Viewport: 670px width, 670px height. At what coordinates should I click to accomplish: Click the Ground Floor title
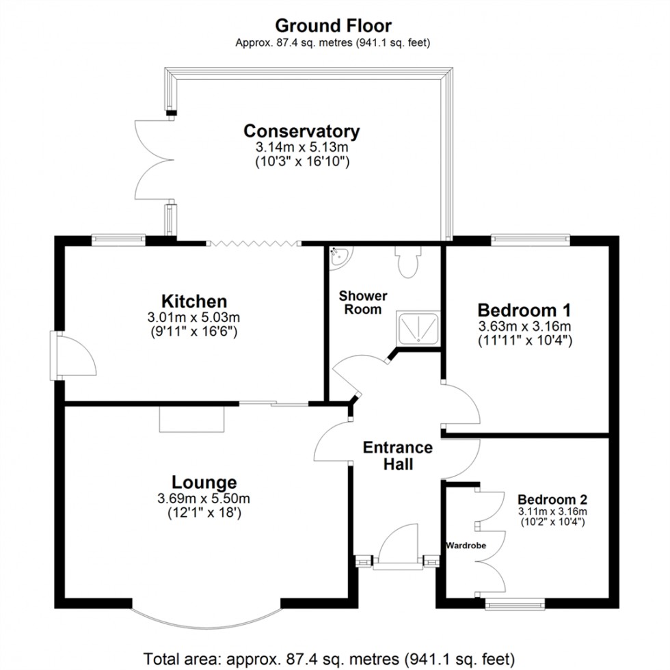(334, 26)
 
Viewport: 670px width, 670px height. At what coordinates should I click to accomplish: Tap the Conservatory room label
(301, 131)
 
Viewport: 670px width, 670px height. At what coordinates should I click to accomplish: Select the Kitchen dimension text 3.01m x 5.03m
(194, 317)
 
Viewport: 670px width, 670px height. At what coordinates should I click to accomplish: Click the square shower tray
(418, 328)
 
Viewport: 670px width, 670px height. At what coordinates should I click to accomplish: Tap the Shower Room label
(363, 302)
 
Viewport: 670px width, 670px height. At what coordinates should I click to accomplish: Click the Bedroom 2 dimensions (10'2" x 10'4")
(552, 522)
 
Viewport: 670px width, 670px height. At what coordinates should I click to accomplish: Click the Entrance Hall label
(397, 456)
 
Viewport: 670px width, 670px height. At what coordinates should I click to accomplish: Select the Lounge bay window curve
(207, 617)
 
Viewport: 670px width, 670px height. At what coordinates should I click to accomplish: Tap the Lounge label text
(204, 483)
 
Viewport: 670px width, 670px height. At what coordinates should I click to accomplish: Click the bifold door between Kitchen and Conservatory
(254, 243)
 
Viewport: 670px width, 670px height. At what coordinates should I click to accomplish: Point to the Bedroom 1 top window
(531, 239)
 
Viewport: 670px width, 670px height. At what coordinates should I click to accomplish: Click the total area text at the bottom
(327, 658)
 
